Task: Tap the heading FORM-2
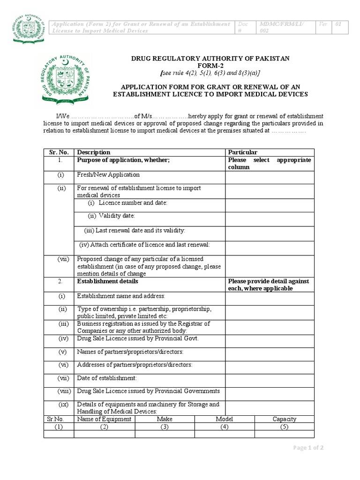click(x=210, y=66)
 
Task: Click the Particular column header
click(x=242, y=152)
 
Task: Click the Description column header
click(x=94, y=152)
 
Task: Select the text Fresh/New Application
click(x=108, y=175)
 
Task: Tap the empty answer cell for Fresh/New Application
click(x=270, y=177)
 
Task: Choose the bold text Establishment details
click(x=107, y=281)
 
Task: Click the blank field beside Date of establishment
click(x=270, y=379)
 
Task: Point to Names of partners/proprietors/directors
click(x=130, y=352)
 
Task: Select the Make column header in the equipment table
click(x=165, y=419)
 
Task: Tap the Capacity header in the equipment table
click(x=284, y=419)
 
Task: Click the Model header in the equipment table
click(x=224, y=419)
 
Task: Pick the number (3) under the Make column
click(x=165, y=427)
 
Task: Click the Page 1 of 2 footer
click(x=308, y=448)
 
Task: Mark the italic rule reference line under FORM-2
click(x=210, y=73)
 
